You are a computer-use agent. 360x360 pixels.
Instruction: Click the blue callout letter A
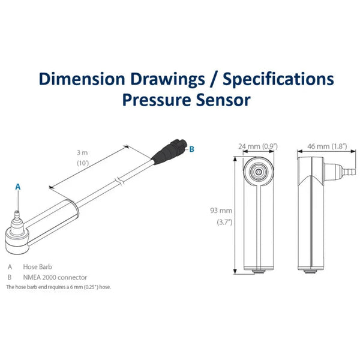click(17, 187)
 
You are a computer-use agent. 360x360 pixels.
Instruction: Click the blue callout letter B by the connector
click(192, 148)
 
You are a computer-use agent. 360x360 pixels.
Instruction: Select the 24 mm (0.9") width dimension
click(257, 146)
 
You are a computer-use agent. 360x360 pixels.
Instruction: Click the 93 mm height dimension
click(221, 211)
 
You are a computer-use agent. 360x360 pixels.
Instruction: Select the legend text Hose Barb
click(38, 267)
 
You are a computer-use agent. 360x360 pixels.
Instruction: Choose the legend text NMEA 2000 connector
click(55, 277)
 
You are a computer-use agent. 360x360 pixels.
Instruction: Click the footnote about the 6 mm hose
click(59, 287)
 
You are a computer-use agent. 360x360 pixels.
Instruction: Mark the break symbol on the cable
click(119, 179)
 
